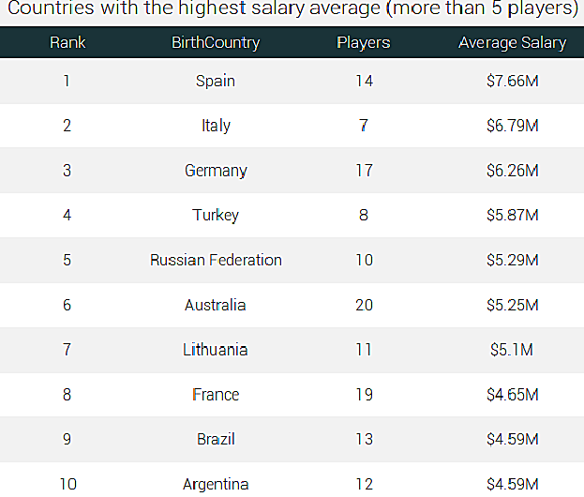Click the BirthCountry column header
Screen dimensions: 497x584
pyautogui.click(x=216, y=43)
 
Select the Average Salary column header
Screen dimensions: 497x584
pyautogui.click(x=512, y=43)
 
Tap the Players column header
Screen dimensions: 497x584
pyautogui.click(x=364, y=43)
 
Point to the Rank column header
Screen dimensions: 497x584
pyautogui.click(x=67, y=43)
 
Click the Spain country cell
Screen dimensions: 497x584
pyautogui.click(x=216, y=81)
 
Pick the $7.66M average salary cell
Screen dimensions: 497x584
pyautogui.click(x=513, y=81)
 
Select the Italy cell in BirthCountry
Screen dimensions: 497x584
pyautogui.click(x=216, y=126)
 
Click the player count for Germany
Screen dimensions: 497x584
pyautogui.click(x=364, y=171)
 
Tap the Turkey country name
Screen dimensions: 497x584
pyautogui.click(x=216, y=215)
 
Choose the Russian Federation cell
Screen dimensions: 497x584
pyautogui.click(x=216, y=260)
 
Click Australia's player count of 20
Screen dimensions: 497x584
pyautogui.click(x=364, y=305)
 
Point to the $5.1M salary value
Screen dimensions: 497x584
pyautogui.click(x=512, y=350)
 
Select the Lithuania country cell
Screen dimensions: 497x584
pyautogui.click(x=216, y=350)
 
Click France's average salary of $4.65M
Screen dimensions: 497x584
pyautogui.click(x=513, y=395)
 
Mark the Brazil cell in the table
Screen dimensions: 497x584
pyautogui.click(x=216, y=439)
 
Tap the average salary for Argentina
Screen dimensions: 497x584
pyautogui.click(x=513, y=484)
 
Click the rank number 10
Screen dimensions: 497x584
pyautogui.click(x=67, y=484)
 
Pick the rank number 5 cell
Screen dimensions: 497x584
pyautogui.click(x=67, y=260)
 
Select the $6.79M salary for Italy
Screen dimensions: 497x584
pyautogui.click(x=513, y=126)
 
